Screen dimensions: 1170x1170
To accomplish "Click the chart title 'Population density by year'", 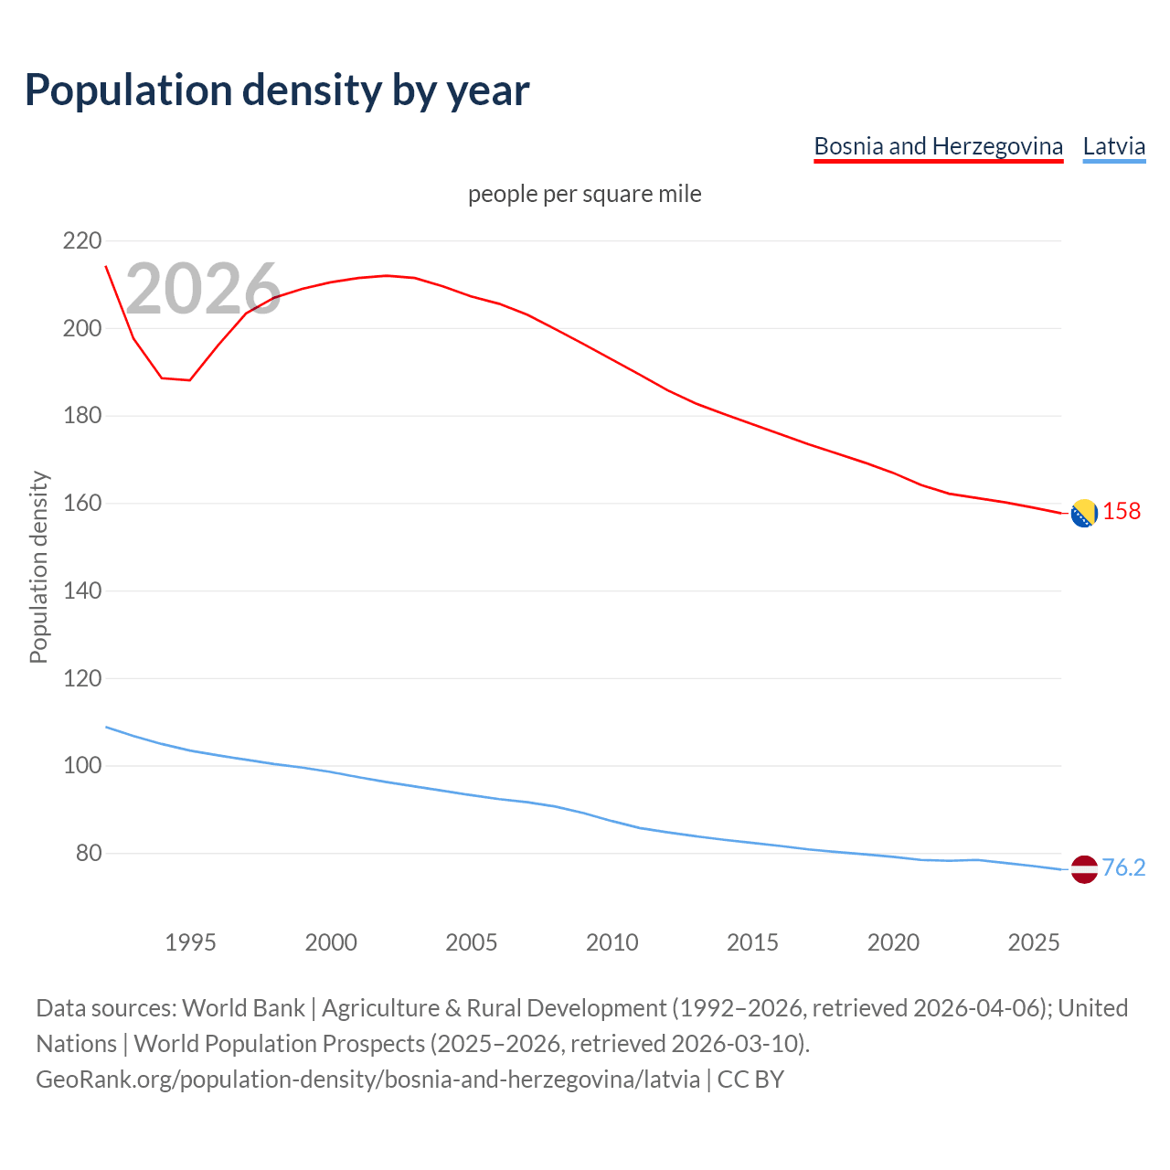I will click(x=277, y=90).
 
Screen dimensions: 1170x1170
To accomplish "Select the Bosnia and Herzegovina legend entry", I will click(x=938, y=146).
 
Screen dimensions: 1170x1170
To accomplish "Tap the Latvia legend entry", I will click(x=1113, y=146).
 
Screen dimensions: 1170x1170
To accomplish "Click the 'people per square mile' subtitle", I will click(x=585, y=194).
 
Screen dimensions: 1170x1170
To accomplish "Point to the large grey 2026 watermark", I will click(x=203, y=289).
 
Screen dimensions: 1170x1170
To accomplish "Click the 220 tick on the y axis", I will click(x=82, y=241).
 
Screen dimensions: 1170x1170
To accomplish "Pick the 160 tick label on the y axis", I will click(x=82, y=504).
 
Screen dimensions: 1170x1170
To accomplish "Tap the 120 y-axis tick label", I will click(x=82, y=678).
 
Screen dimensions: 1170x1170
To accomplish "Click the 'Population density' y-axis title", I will click(x=38, y=567).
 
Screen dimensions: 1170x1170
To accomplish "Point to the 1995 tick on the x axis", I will click(x=190, y=942).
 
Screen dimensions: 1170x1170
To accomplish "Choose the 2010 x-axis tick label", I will click(x=612, y=942).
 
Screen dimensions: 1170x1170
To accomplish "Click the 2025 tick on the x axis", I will click(x=1034, y=942).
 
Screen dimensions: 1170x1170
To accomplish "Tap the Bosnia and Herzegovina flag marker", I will click(x=1084, y=514).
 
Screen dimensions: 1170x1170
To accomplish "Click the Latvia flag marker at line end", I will click(x=1084, y=869).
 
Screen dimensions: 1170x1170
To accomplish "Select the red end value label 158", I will click(x=1122, y=511).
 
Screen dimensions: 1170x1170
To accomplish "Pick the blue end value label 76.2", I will click(x=1123, y=867).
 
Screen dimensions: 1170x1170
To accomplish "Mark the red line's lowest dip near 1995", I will click(x=189, y=379).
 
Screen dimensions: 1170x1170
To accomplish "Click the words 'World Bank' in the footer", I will click(x=243, y=1008).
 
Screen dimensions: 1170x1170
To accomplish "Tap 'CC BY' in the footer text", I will click(x=750, y=1080).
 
